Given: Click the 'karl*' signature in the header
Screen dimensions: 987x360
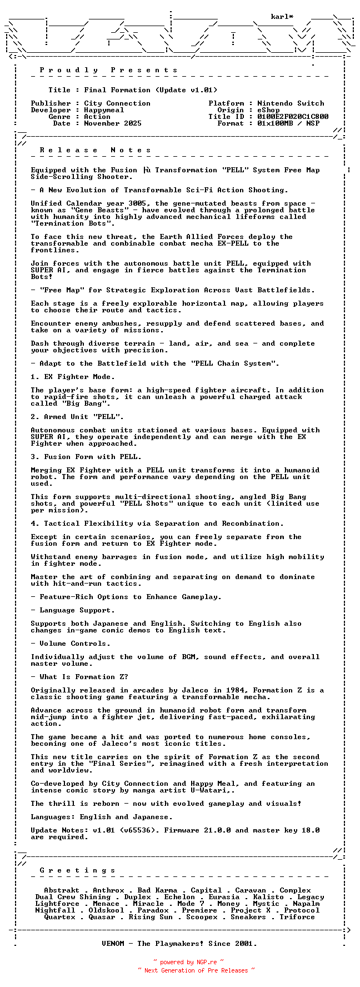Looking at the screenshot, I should point(282,17).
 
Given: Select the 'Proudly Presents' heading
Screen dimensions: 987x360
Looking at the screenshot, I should point(109,70).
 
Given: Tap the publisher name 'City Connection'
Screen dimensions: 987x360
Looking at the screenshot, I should point(117,103).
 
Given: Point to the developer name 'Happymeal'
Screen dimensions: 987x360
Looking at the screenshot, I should point(104,110).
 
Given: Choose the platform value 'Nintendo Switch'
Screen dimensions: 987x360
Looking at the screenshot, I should point(291,103).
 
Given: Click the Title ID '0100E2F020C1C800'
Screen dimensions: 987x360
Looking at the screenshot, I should point(293,117).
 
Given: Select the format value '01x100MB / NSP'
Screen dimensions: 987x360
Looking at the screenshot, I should point(288,123).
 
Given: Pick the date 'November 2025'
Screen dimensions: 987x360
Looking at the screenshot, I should point(113,123).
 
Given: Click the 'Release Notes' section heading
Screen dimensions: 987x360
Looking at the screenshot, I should point(96,150).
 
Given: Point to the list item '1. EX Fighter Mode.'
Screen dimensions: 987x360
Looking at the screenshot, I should point(73,377).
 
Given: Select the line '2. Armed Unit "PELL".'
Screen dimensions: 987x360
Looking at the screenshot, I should point(77,417).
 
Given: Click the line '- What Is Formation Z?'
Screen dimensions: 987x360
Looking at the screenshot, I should point(79,677).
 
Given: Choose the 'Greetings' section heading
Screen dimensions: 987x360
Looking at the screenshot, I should point(78,870).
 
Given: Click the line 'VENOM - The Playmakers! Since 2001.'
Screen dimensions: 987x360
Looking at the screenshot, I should point(179,944).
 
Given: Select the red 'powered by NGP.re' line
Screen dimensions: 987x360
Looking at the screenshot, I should point(189,962).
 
